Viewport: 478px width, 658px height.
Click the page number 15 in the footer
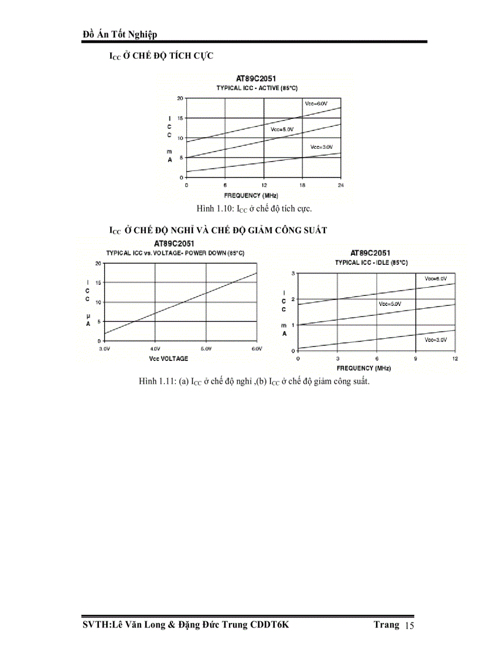click(409, 626)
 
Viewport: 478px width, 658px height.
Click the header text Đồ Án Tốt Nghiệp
click(120, 35)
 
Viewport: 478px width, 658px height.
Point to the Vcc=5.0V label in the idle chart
click(390, 304)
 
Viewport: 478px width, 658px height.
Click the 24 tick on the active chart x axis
click(340, 185)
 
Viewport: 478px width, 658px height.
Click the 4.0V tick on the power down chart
click(155, 349)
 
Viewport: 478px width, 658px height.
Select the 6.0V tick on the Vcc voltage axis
click(257, 349)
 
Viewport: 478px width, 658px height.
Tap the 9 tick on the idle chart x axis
click(415, 358)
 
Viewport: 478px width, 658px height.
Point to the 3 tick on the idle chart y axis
click(292, 274)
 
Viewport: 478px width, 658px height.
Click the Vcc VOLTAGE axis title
click(168, 358)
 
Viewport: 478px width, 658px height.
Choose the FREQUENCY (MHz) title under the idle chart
click(363, 368)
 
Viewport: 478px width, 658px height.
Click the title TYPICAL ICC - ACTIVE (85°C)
click(257, 87)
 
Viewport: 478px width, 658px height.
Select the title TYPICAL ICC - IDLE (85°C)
click(371, 262)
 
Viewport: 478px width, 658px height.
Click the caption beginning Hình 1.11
click(254, 381)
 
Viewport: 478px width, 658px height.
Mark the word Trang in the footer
click(387, 625)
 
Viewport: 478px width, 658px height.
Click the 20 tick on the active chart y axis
click(180, 98)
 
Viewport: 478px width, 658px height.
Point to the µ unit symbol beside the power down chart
click(88, 314)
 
